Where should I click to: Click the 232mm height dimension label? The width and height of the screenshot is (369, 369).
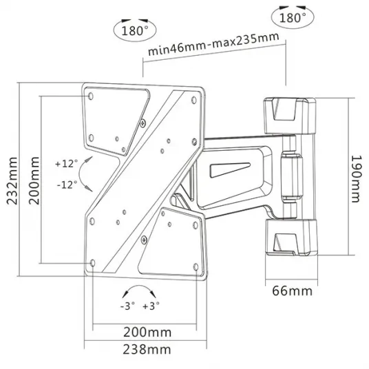(12, 181)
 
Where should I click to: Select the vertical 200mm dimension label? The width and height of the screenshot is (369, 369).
(34, 181)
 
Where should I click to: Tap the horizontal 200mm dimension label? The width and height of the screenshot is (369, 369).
(147, 333)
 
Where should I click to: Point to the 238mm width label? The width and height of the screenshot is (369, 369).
(147, 350)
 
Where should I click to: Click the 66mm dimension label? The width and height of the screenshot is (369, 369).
(293, 291)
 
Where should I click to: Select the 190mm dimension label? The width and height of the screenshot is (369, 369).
(356, 179)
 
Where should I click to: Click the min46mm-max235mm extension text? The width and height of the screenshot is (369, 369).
(213, 44)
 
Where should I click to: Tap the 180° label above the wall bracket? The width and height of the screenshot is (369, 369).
(293, 17)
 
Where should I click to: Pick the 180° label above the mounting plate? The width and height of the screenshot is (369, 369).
(135, 30)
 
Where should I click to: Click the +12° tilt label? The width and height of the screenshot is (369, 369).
(66, 163)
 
